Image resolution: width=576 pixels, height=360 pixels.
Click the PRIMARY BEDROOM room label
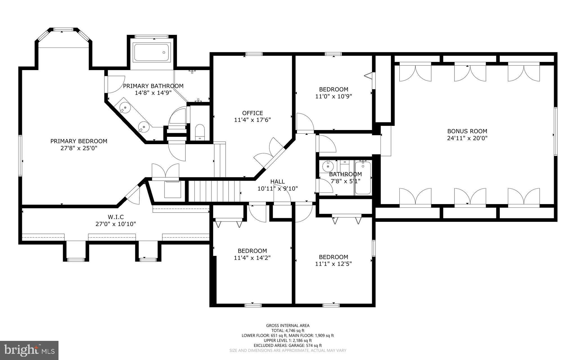click(79, 141)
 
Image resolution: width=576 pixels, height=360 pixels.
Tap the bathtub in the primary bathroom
click(152, 52)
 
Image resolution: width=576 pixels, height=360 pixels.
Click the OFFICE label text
click(253, 113)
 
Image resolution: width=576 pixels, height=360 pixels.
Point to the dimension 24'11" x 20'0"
click(467, 138)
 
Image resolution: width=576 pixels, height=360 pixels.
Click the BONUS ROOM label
click(467, 131)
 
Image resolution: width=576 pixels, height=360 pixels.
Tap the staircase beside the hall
click(214, 191)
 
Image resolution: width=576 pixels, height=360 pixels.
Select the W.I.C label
click(116, 217)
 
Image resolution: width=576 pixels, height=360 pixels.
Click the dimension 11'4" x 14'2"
click(252, 258)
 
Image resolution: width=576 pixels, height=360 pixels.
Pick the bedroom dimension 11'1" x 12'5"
click(334, 264)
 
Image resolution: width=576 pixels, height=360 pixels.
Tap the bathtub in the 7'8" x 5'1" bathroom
click(363, 178)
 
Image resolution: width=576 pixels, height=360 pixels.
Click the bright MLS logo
click(29, 350)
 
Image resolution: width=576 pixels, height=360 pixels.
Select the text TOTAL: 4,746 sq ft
click(288, 331)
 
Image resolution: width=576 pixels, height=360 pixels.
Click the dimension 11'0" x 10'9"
click(334, 96)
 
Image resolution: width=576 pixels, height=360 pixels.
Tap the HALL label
click(278, 182)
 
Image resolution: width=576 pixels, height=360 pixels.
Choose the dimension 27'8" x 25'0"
click(79, 148)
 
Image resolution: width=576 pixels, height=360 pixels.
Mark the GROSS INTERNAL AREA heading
click(288, 326)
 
